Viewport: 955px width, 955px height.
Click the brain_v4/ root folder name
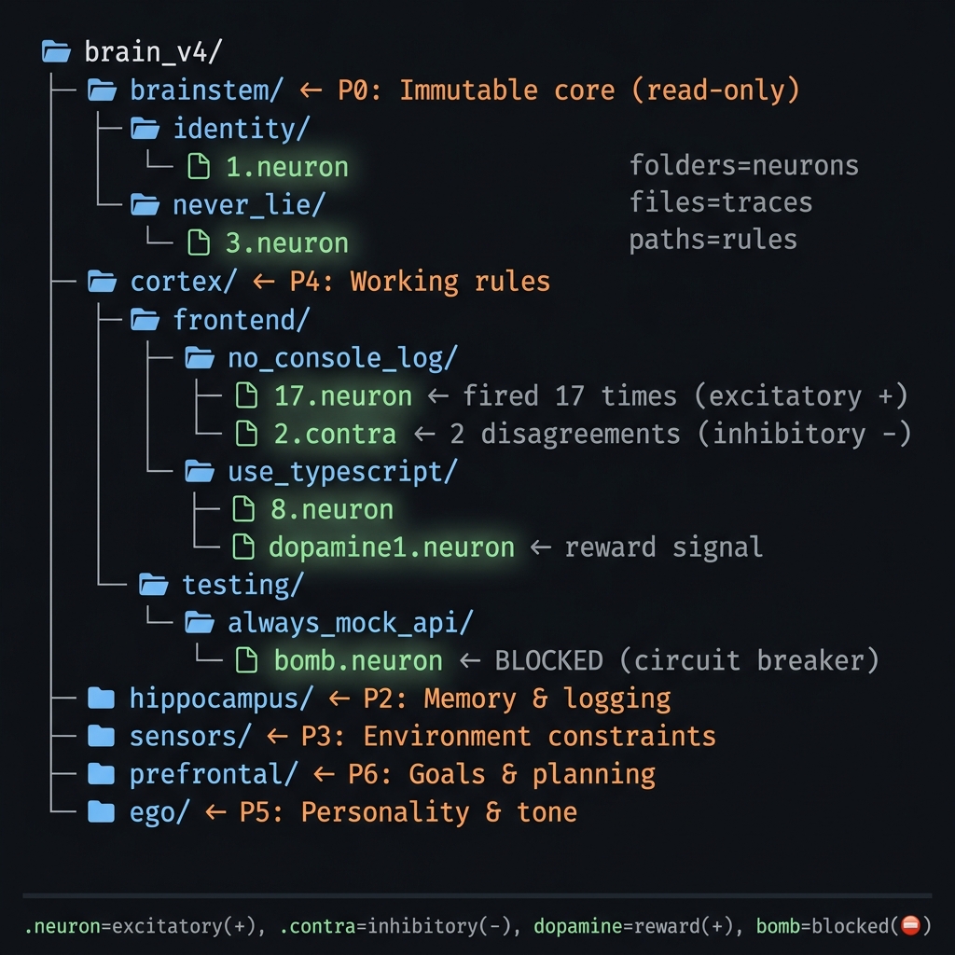coord(153,51)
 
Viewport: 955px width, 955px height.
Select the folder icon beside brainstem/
coord(101,90)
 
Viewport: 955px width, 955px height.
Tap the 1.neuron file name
coord(287,167)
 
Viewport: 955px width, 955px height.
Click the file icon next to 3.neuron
coord(199,242)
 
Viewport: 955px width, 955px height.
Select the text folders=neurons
coord(743,166)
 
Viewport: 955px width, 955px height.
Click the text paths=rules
coord(713,240)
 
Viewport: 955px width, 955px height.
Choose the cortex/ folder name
coord(184,281)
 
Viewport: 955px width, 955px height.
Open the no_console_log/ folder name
coord(342,357)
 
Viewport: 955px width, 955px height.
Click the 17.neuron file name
coord(342,395)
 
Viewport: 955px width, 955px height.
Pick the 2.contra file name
coord(335,434)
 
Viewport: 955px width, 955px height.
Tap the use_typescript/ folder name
coord(342,472)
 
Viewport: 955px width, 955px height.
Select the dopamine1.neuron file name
coord(391,547)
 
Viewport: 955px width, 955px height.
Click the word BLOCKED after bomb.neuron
coord(548,661)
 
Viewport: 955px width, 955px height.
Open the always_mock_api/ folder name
coord(350,623)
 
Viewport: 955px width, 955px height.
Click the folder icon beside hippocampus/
coord(101,699)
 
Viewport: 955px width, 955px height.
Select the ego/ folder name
coord(159,812)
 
